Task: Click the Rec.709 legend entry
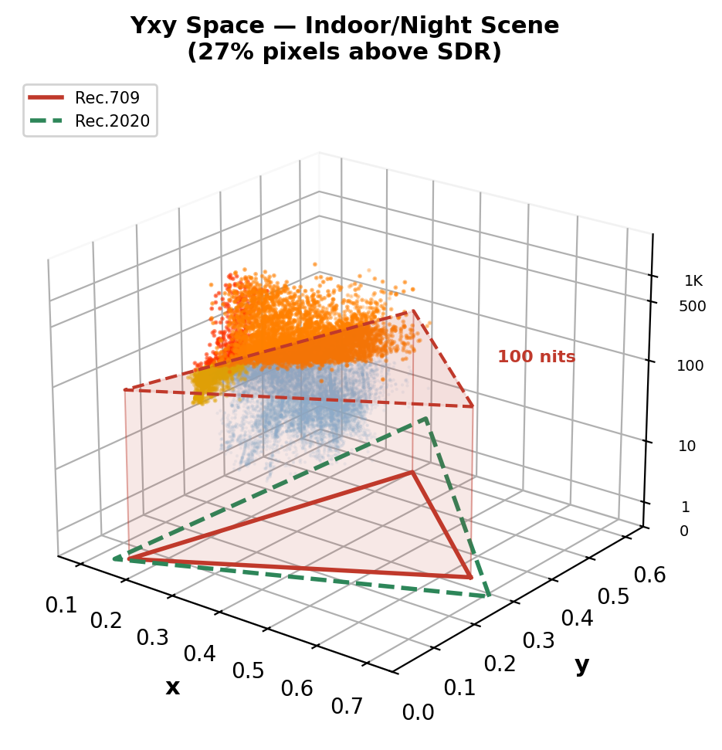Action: [x=107, y=98]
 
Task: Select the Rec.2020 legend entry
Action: [x=112, y=121]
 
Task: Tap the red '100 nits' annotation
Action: [x=536, y=357]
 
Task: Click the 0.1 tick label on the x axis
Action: [x=61, y=605]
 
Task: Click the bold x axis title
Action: [x=172, y=687]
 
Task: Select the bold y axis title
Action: [x=582, y=665]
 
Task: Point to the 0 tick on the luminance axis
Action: [x=683, y=531]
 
